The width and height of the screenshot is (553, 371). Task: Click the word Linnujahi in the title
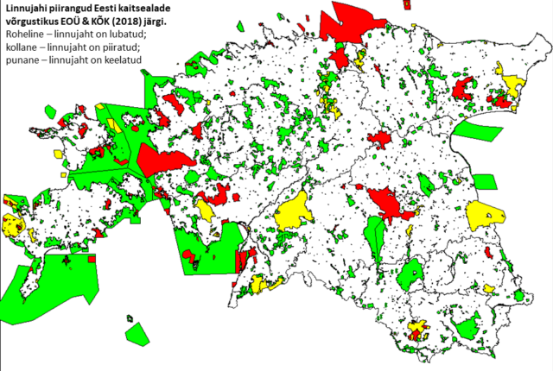pyautogui.click(x=27, y=8)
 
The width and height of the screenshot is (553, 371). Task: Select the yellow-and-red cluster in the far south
pyautogui.click(x=418, y=330)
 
